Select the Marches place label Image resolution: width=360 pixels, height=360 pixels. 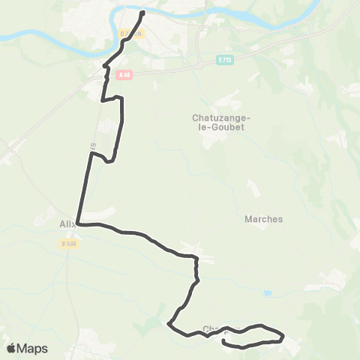(x=264, y=219)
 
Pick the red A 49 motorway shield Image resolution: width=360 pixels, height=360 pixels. (x=124, y=73)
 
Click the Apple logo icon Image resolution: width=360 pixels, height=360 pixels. (x=11, y=348)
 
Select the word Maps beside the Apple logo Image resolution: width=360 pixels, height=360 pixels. (x=33, y=348)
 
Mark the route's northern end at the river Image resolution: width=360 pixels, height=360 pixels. (x=142, y=12)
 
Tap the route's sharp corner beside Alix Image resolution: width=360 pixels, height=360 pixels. (x=77, y=223)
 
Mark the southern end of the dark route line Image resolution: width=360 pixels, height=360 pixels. (x=225, y=342)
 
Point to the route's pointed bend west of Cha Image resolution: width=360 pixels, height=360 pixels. (x=169, y=324)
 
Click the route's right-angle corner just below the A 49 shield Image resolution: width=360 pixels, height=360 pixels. (x=103, y=99)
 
